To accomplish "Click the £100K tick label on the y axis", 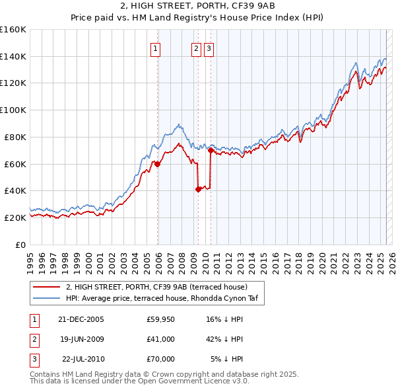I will coord(13,110).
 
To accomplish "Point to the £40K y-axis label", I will coord(15,190).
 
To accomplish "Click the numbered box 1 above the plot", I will coord(155,48).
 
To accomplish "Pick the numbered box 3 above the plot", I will coord(209,48).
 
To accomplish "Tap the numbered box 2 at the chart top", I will coord(196,48).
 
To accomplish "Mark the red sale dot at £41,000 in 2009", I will coord(198,189).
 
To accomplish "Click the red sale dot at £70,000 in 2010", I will coord(211,150).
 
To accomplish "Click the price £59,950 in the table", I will coord(160,319).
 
